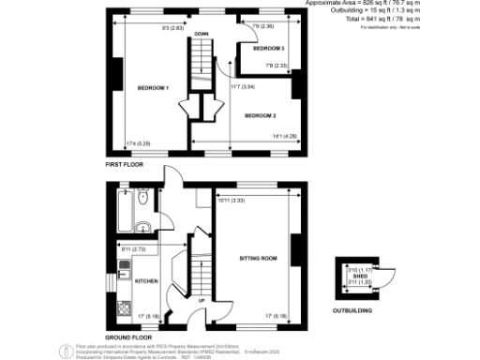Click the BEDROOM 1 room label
click(x=153, y=88)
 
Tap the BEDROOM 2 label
click(x=260, y=115)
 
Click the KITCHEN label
click(x=147, y=280)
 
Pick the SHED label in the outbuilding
click(x=360, y=276)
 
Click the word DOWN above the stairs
click(x=201, y=34)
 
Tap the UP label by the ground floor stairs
click(x=202, y=300)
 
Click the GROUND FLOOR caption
click(x=127, y=336)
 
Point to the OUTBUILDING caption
click(x=353, y=309)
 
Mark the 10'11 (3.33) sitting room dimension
click(x=231, y=200)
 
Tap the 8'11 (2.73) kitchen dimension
click(x=131, y=249)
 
